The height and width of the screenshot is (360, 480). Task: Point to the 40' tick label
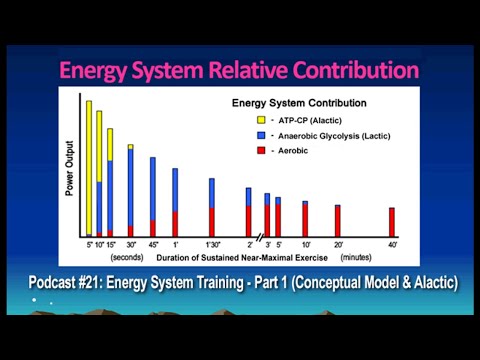point(392,243)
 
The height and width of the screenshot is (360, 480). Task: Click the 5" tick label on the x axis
point(89,243)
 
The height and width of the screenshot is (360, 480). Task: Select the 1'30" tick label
point(211,243)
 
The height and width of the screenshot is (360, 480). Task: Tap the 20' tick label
point(338,243)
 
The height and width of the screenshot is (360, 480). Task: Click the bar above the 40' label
point(392,221)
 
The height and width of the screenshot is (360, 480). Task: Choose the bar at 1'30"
point(211,206)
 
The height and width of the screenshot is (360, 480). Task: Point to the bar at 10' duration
point(305,217)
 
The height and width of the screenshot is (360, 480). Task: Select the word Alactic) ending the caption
point(428,283)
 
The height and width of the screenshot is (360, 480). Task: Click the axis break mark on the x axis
point(258,235)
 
